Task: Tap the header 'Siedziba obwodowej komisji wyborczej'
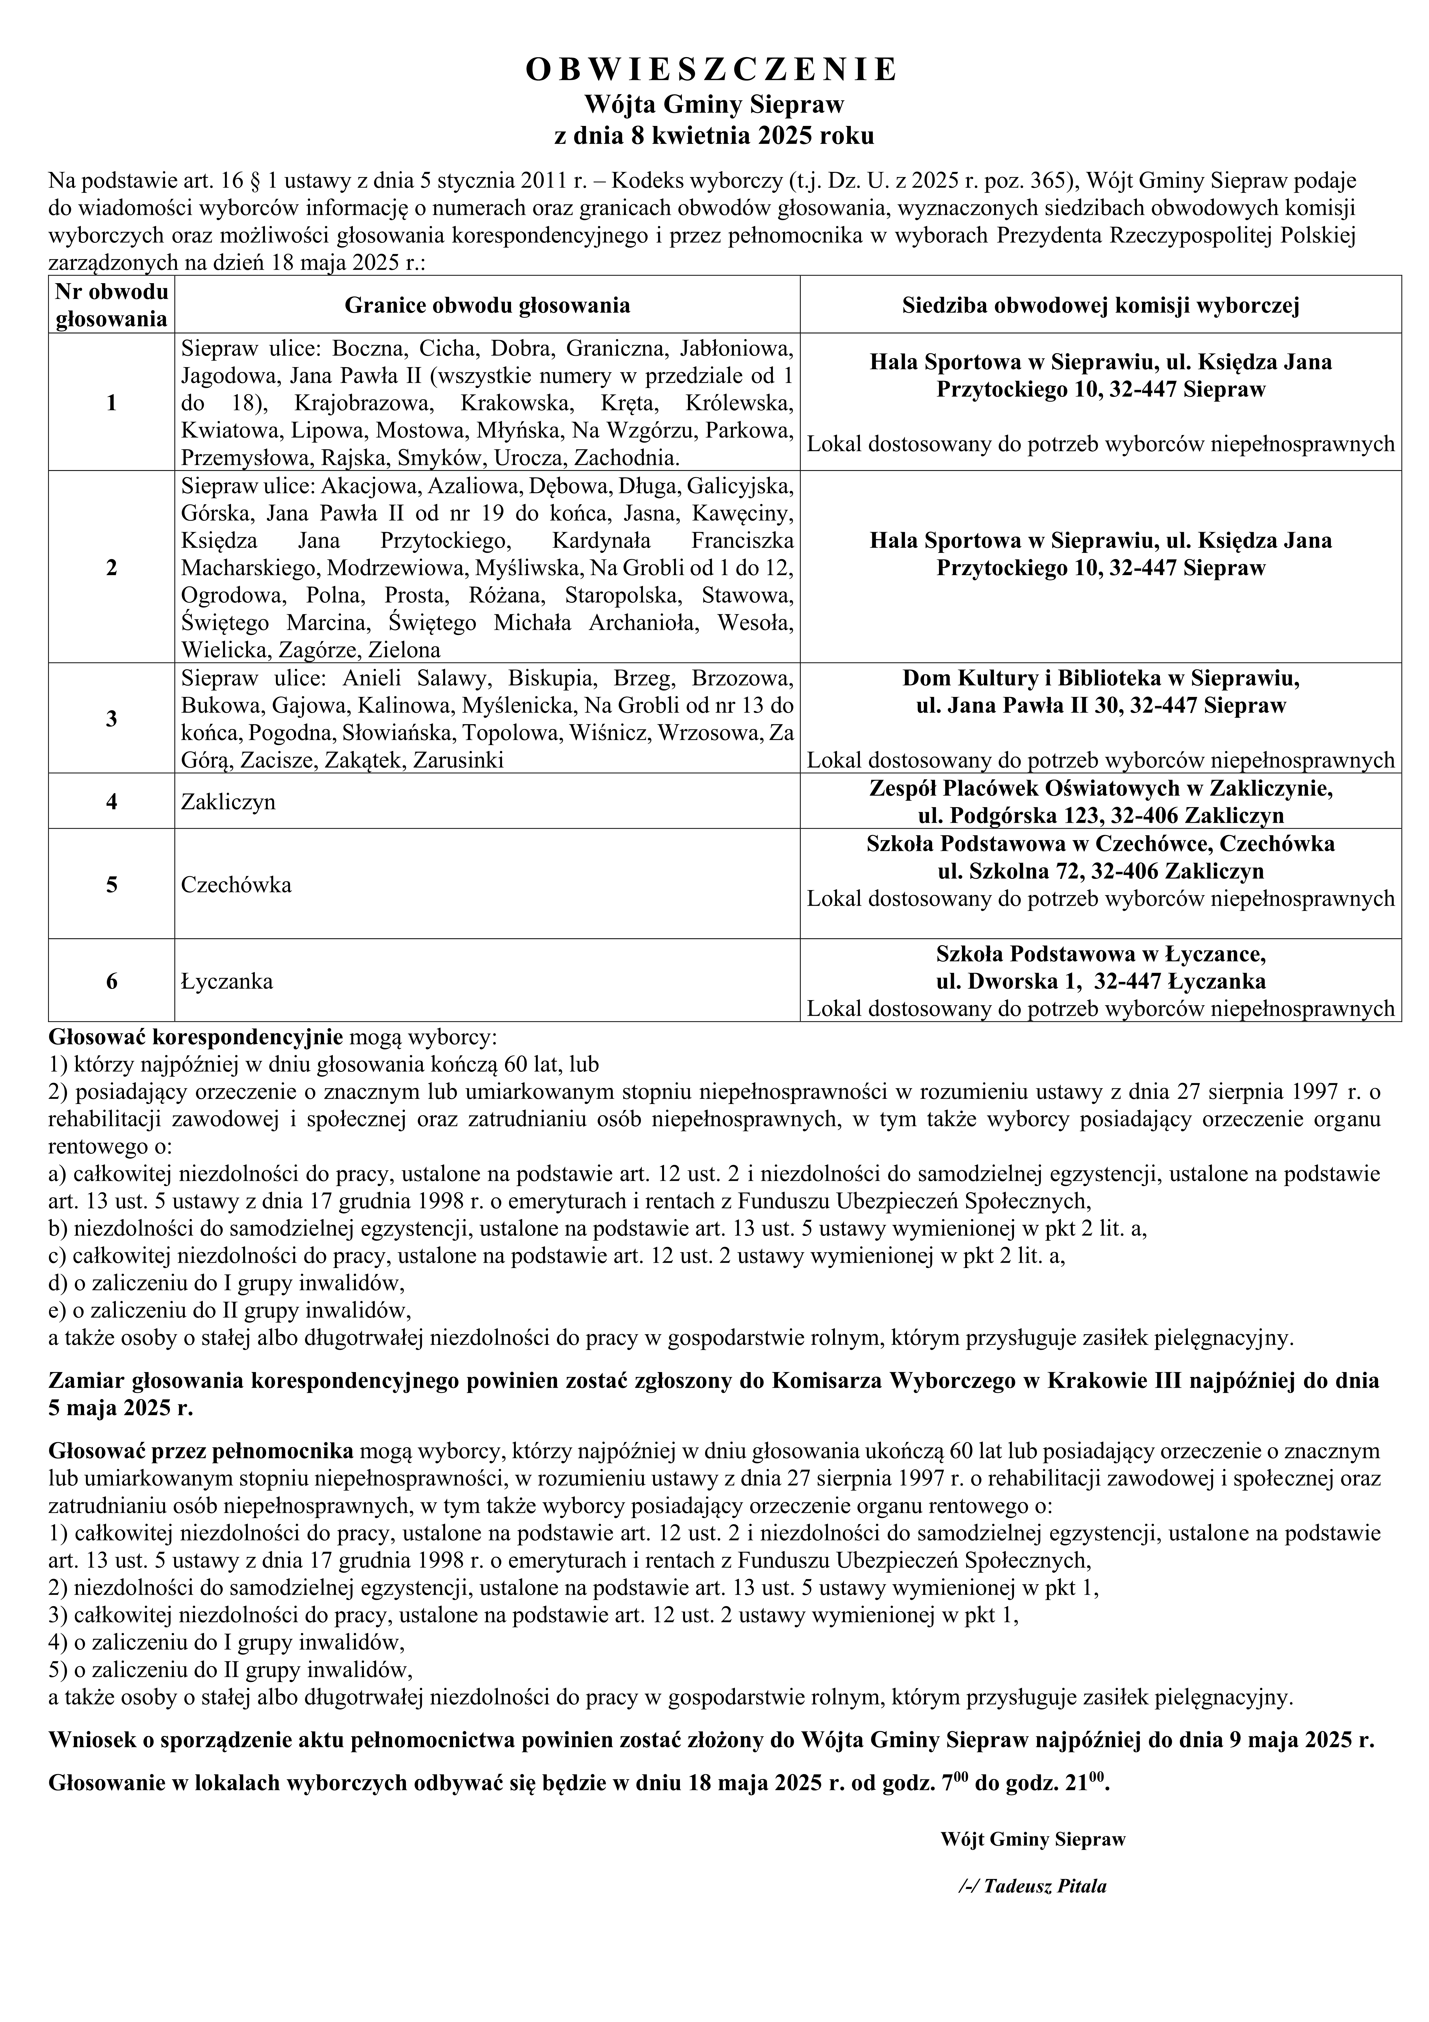[x=1101, y=306]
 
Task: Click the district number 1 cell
[x=111, y=402]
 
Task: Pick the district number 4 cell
[x=111, y=801]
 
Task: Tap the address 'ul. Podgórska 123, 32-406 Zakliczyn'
[x=1101, y=816]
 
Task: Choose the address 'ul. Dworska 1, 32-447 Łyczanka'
[x=1101, y=981]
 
